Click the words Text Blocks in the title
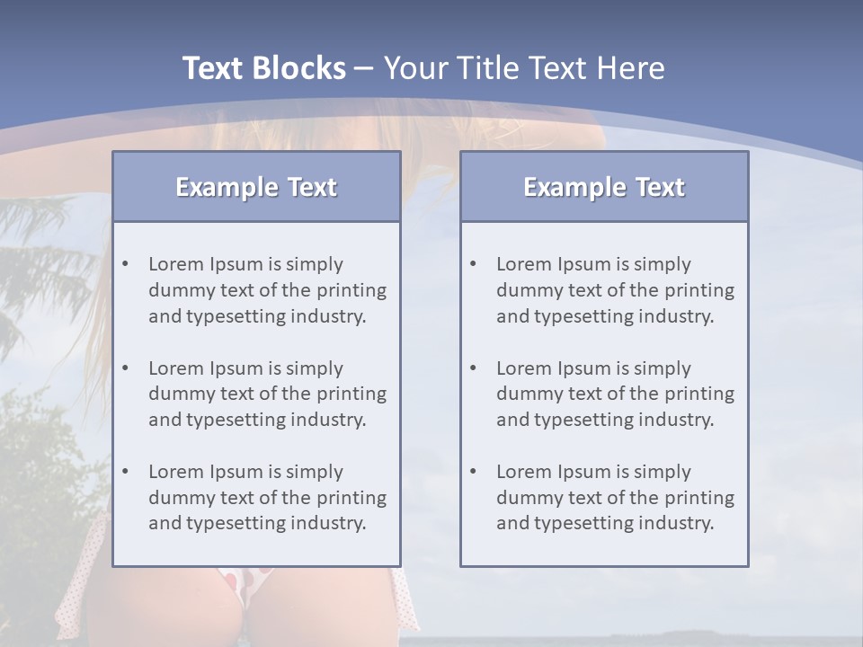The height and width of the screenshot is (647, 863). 263,68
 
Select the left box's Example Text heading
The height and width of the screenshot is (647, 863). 256,187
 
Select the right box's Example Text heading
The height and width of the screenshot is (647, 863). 604,187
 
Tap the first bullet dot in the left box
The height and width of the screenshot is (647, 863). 126,264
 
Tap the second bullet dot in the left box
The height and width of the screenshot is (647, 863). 126,368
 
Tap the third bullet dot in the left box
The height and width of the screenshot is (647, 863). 126,472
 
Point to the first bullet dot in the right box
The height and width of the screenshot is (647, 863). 474,264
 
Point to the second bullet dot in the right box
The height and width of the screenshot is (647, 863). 474,368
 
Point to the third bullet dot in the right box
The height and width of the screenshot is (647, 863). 474,472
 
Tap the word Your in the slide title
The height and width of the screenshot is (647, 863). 414,68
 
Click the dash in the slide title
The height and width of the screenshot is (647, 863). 364,68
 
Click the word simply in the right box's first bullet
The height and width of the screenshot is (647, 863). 663,264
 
